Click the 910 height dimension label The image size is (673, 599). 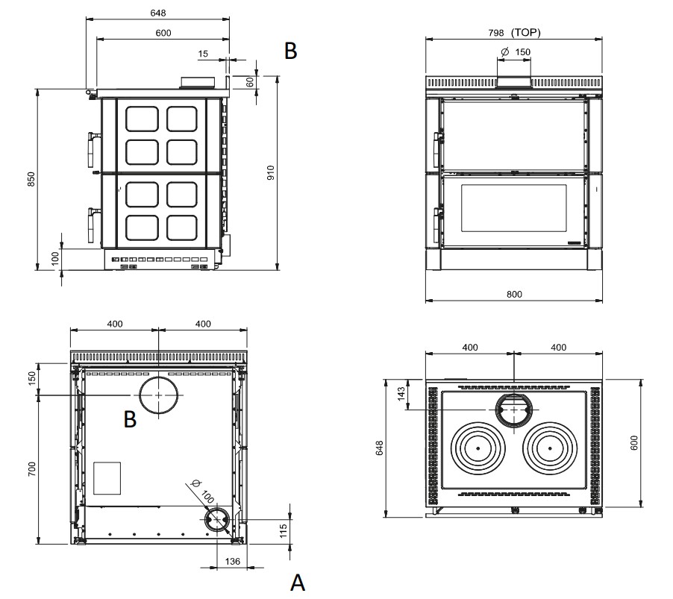[x=270, y=172]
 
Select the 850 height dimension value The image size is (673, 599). [x=31, y=179]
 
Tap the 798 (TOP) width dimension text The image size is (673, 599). [x=514, y=33]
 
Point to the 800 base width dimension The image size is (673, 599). [x=514, y=295]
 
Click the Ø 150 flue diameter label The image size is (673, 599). [x=516, y=52]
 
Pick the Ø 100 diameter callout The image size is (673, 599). [x=201, y=491]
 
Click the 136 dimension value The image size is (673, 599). [x=232, y=561]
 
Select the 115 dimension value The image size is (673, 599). [x=283, y=531]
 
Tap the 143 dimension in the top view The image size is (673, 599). [x=401, y=394]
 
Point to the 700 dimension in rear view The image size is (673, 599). [x=32, y=469]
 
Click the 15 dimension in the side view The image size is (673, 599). [x=203, y=54]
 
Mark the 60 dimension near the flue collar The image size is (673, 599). [x=250, y=82]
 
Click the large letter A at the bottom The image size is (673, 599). [x=298, y=583]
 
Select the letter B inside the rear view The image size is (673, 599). [x=130, y=419]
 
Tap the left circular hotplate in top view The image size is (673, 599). [x=478, y=448]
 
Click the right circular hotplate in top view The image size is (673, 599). [x=550, y=448]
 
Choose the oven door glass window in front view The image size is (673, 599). [x=514, y=208]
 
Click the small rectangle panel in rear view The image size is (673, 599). [x=107, y=478]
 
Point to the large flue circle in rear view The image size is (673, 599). [x=159, y=395]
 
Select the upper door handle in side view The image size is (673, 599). [x=91, y=149]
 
